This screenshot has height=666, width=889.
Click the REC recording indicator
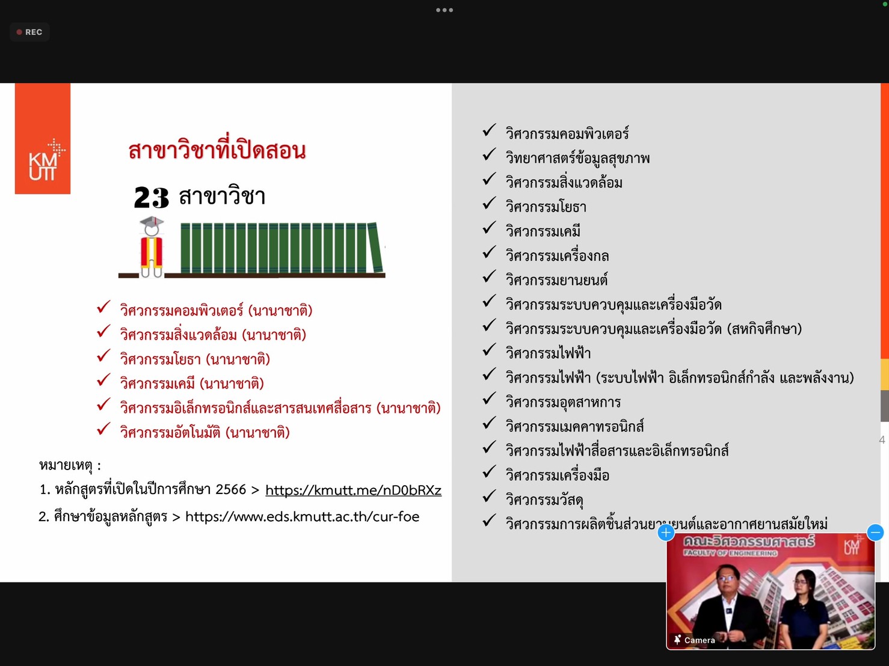[x=29, y=32]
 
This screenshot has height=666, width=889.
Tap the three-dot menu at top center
[x=444, y=10]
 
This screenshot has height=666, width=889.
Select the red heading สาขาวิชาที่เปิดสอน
[x=217, y=150]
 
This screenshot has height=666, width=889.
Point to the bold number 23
[x=151, y=197]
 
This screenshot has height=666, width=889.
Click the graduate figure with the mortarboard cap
[x=152, y=247]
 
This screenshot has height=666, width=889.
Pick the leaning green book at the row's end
[x=375, y=247]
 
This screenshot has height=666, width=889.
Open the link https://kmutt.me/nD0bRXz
[x=353, y=490]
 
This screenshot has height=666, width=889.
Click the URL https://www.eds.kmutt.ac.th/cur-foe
[x=302, y=517]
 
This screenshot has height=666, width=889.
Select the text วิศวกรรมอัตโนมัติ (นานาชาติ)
[x=205, y=432]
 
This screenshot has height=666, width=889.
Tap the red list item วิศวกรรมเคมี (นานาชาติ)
[x=192, y=383]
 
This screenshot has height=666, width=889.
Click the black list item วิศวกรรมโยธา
[x=546, y=207]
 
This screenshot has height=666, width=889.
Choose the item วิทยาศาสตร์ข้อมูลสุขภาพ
[x=577, y=158]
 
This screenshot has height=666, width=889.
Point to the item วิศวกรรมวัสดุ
[x=544, y=499]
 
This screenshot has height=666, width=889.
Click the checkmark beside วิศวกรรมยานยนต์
[x=489, y=276]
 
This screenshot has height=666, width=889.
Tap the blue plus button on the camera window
[x=666, y=533]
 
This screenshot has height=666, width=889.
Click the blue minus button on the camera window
[x=875, y=533]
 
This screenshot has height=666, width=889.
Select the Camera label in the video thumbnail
[x=694, y=640]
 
